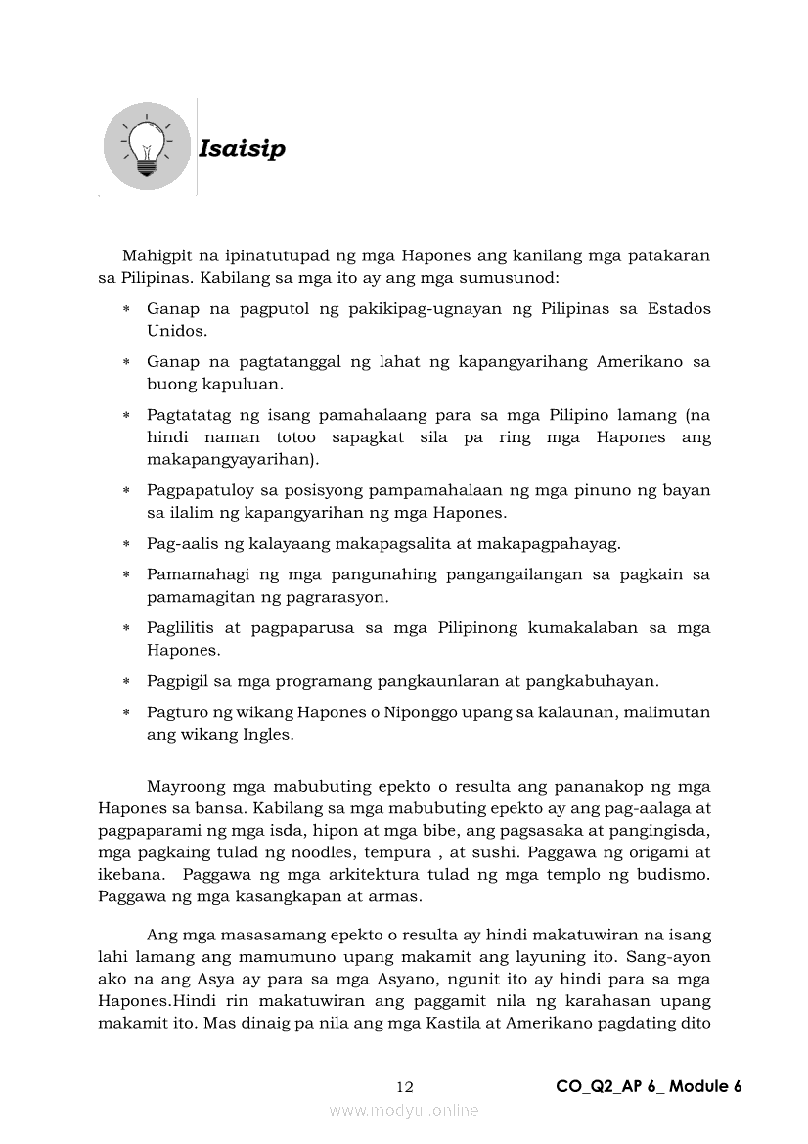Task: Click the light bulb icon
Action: [147, 149]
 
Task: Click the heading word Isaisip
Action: [242, 149]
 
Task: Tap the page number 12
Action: [406, 1086]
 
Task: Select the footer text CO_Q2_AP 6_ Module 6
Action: [649, 1086]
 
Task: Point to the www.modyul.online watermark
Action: [404, 1110]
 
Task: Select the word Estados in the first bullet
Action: [678, 308]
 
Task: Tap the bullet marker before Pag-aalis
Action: [127, 543]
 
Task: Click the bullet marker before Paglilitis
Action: [127, 627]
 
